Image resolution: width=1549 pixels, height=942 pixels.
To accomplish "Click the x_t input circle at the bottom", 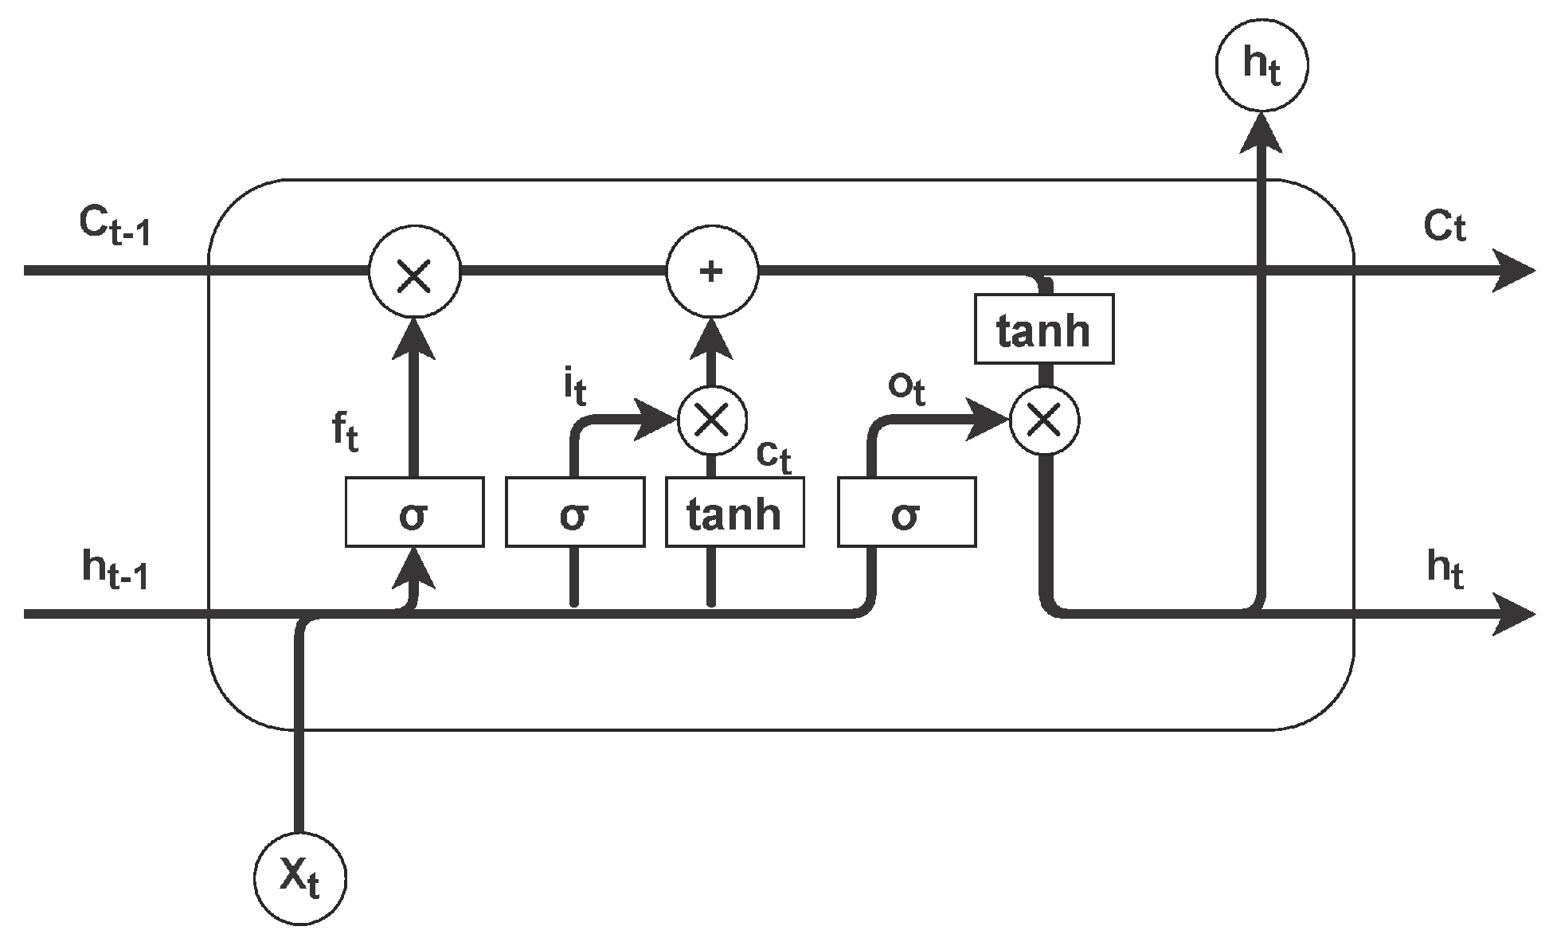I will pyautogui.click(x=300, y=879).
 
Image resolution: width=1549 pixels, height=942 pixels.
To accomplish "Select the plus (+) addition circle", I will pyautogui.click(x=712, y=272).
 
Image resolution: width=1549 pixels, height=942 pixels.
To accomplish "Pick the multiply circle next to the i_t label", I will pyautogui.click(x=712, y=420).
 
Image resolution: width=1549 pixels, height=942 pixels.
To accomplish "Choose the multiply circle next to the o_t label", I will pyautogui.click(x=1044, y=420).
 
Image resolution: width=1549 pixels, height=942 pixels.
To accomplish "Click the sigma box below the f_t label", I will pyautogui.click(x=414, y=512).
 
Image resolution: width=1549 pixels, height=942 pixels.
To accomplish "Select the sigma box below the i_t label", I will pyautogui.click(x=575, y=512).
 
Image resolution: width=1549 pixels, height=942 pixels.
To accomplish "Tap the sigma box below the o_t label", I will pyautogui.click(x=906, y=512).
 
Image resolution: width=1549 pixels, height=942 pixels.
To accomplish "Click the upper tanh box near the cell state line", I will pyautogui.click(x=1044, y=329).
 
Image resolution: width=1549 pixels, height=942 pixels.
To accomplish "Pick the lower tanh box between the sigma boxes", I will pyautogui.click(x=734, y=512).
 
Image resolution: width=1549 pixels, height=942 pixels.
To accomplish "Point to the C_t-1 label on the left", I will pyautogui.click(x=115, y=227).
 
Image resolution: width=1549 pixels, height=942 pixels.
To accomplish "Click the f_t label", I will pyautogui.click(x=345, y=433).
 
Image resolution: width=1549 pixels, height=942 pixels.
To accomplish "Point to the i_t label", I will pyautogui.click(x=575, y=388).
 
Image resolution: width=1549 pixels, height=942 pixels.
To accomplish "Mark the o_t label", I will pyautogui.click(x=906, y=389).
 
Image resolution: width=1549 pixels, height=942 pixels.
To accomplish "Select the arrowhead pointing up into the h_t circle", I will pyautogui.click(x=1261, y=132).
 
